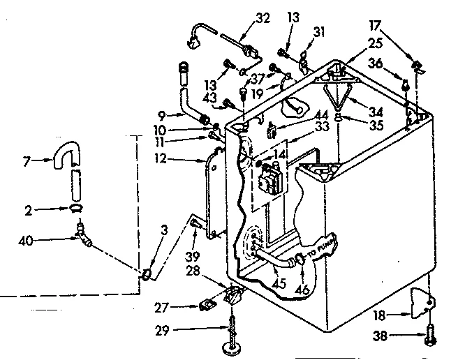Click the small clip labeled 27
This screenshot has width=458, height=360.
pos(207,305)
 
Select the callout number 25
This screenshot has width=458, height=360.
pos(375,44)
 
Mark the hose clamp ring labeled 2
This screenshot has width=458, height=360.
pos(76,207)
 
